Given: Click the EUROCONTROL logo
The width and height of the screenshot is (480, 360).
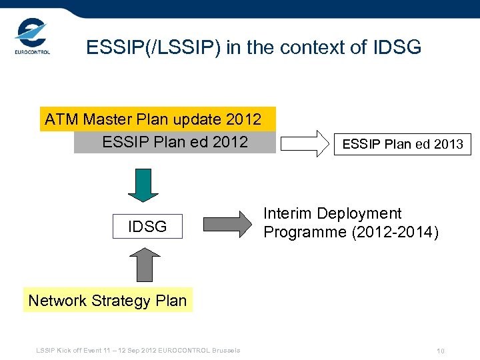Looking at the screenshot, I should click(32, 37).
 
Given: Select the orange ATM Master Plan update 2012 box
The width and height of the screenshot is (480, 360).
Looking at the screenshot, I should click(157, 119).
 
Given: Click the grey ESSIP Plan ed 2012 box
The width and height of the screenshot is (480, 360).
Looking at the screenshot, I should click(175, 142).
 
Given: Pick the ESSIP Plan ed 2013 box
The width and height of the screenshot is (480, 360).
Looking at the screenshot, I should click(402, 144).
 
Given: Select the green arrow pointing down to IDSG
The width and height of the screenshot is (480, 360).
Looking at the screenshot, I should click(143, 185).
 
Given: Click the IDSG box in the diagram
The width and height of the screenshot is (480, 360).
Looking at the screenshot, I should click(147, 227).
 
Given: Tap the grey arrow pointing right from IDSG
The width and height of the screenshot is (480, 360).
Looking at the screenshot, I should click(227, 223).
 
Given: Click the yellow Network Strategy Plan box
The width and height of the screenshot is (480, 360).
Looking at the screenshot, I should click(107, 301).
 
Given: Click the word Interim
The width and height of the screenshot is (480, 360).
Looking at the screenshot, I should click(288, 214).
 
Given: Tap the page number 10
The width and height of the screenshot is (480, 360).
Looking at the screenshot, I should click(440, 351).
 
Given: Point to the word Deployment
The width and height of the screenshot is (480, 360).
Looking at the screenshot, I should click(359, 214).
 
